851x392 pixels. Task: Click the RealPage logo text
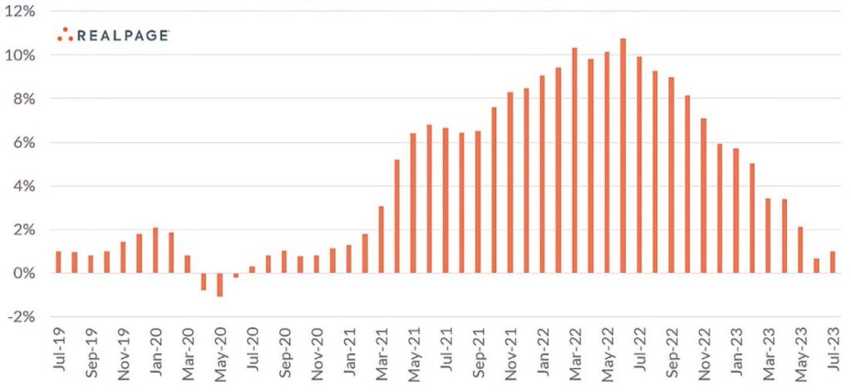click(x=123, y=35)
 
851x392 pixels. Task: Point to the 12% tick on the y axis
click(x=21, y=12)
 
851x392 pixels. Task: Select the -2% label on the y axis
click(x=21, y=316)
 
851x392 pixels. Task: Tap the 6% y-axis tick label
click(x=22, y=142)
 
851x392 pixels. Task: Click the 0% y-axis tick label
click(x=22, y=273)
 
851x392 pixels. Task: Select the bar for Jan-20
click(x=155, y=250)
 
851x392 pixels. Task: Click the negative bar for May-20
click(x=220, y=285)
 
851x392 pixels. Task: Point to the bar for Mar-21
click(x=381, y=240)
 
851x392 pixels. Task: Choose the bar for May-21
click(x=413, y=203)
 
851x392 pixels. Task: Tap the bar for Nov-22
click(x=704, y=196)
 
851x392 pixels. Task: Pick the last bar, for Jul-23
click(x=832, y=262)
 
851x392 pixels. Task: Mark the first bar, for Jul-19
click(x=58, y=262)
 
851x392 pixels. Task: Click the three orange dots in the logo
click(x=66, y=33)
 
